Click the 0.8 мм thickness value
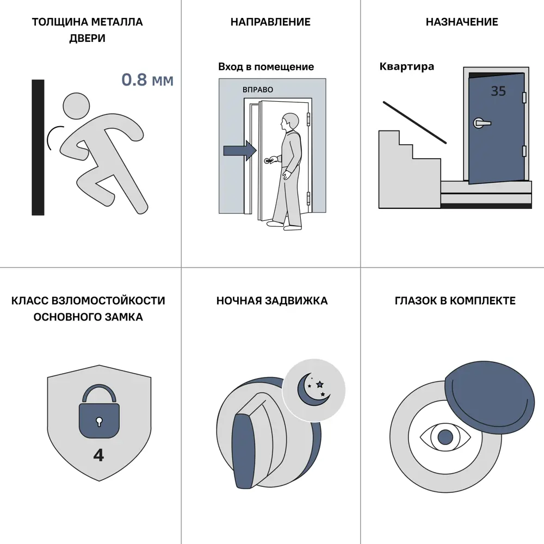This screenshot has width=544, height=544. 147,80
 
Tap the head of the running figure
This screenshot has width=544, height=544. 76,106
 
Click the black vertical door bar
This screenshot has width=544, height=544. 38,147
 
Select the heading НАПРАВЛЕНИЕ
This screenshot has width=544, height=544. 270,22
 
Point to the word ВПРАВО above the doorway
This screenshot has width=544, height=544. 258,90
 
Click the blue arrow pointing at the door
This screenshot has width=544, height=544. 240,151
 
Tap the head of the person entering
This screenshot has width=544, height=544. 290,122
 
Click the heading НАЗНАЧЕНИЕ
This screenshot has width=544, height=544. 462,22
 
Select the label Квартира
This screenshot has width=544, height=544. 406,66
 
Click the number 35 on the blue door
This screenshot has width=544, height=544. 498,91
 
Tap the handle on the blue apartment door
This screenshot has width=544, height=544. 482,123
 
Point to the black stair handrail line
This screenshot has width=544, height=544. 415,122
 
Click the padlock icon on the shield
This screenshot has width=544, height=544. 99,411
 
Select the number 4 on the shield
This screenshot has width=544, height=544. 98,455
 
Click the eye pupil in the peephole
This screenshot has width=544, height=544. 446,437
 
